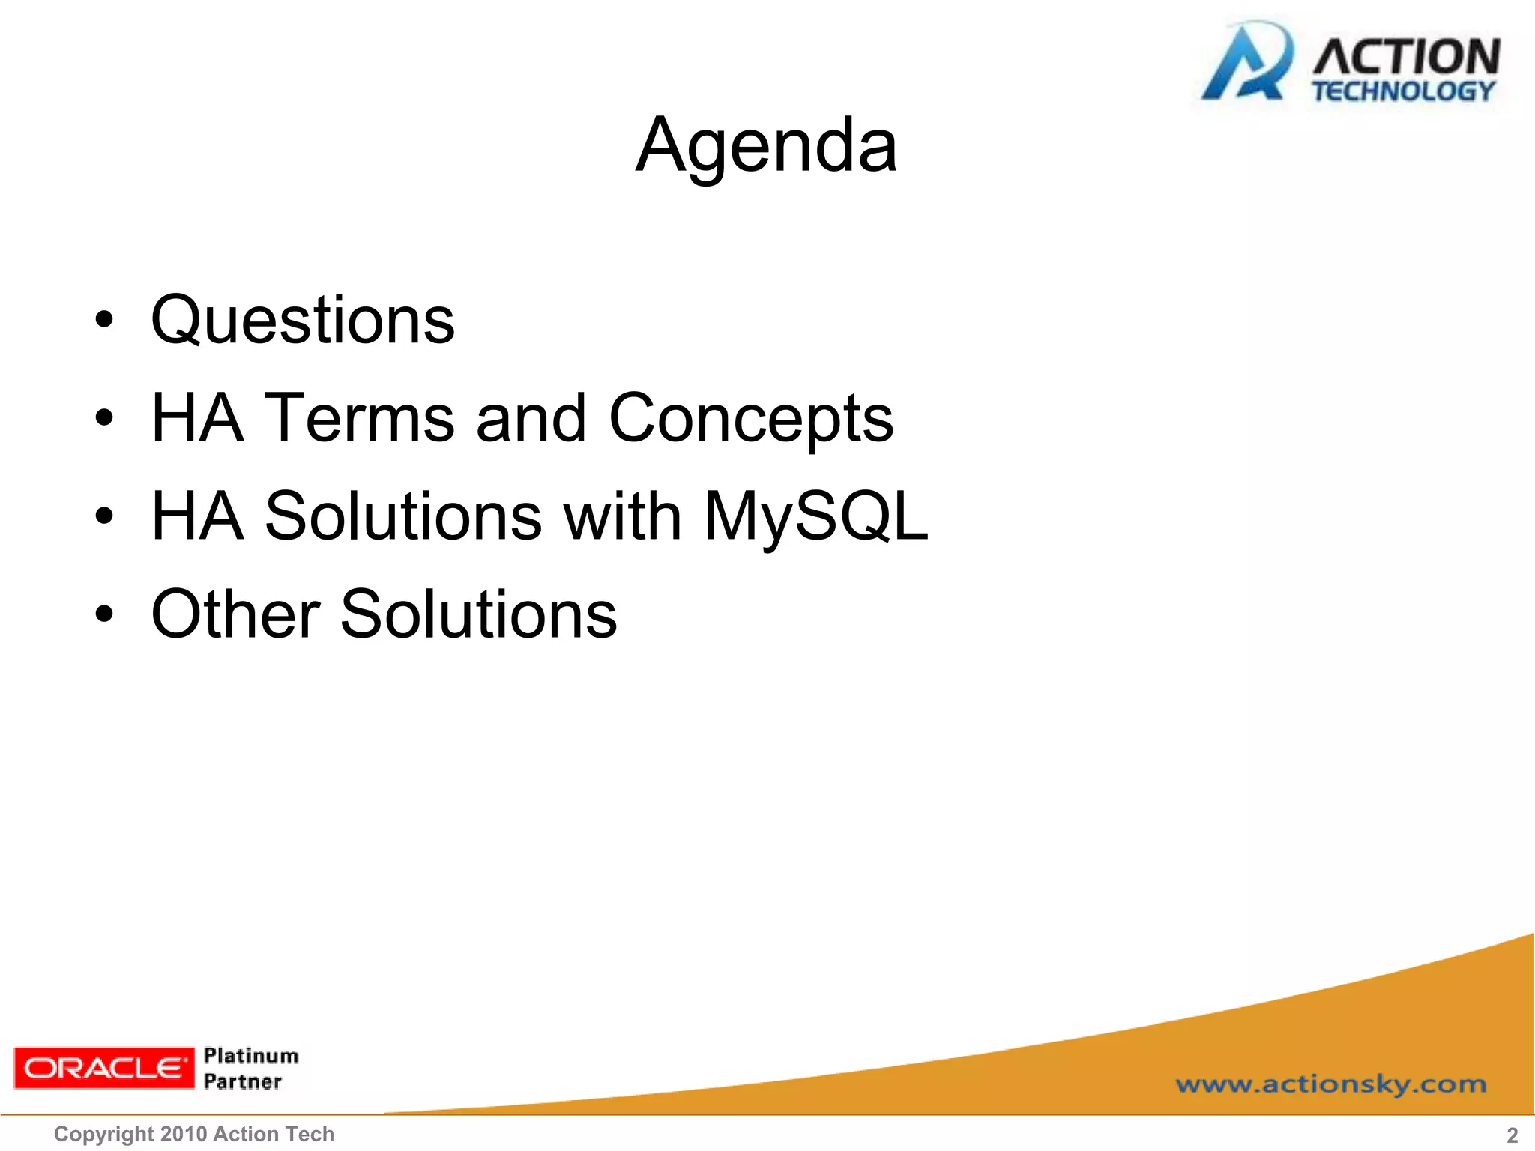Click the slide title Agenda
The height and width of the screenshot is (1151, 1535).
click(x=766, y=146)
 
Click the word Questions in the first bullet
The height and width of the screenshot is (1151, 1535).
click(x=303, y=321)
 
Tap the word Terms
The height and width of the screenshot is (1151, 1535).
click(x=361, y=418)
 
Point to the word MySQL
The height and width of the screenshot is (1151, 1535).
click(x=815, y=517)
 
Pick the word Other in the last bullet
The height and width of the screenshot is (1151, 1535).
click(x=236, y=614)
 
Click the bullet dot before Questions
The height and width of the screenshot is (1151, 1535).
click(x=104, y=321)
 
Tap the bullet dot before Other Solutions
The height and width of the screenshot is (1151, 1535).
click(x=104, y=614)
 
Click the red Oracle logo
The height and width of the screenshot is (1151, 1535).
click(x=103, y=1068)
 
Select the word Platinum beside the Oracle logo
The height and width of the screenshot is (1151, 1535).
click(x=251, y=1056)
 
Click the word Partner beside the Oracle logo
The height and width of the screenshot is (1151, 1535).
click(x=243, y=1081)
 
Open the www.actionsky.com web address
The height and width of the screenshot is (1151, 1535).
click(x=1330, y=1084)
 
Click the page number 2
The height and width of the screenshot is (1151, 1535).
click(x=1512, y=1135)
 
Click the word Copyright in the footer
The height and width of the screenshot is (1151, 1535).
click(x=104, y=1135)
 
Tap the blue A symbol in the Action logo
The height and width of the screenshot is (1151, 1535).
click(x=1246, y=64)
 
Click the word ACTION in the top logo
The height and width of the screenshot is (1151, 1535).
click(x=1406, y=56)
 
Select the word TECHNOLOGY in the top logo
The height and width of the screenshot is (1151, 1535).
click(x=1403, y=91)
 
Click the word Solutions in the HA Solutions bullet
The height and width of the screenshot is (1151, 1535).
click(x=403, y=516)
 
